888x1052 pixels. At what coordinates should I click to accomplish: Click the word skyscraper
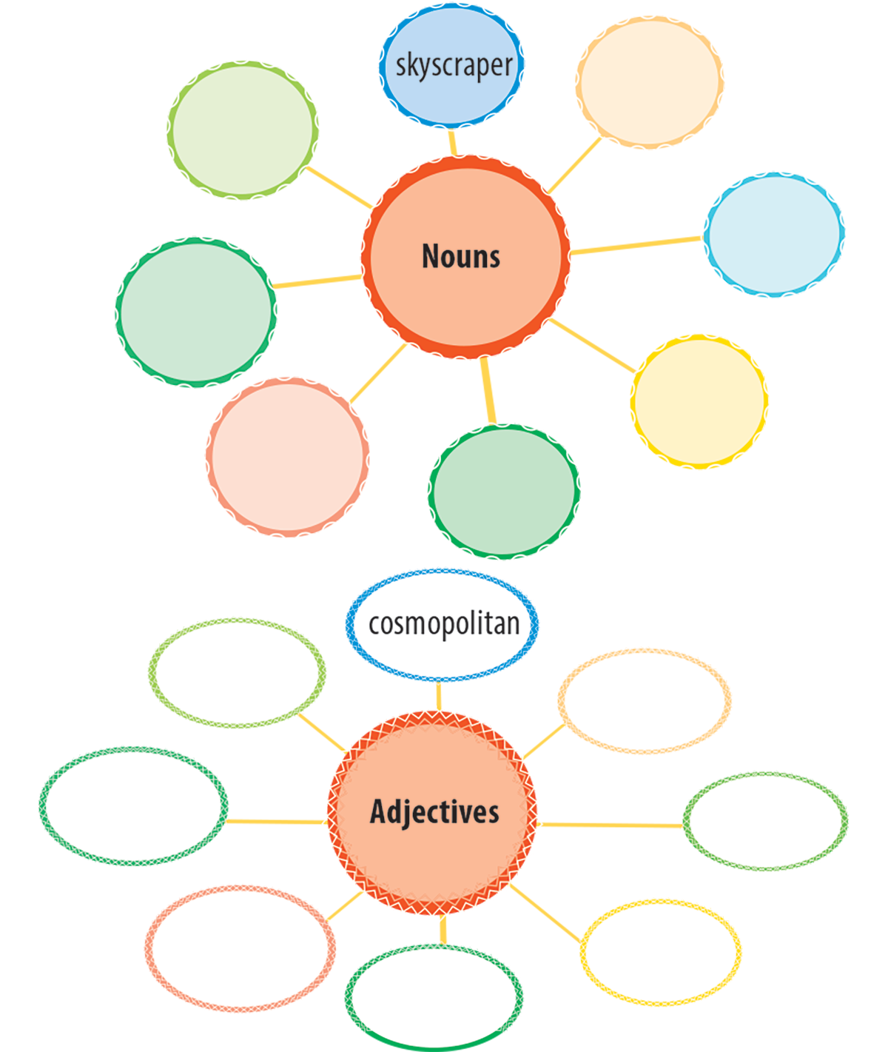tap(454, 66)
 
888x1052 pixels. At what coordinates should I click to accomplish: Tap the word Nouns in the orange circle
tap(461, 256)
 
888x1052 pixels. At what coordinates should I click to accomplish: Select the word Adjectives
tap(434, 811)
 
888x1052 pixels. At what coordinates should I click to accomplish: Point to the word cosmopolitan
tap(444, 623)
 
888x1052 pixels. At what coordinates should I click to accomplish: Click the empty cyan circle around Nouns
tap(773, 234)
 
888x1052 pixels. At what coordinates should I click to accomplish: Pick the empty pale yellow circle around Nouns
tap(699, 402)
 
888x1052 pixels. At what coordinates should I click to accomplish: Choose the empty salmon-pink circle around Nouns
tap(287, 455)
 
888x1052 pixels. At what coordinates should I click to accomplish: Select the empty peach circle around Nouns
tap(650, 81)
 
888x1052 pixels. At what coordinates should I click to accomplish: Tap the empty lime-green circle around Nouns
tap(243, 129)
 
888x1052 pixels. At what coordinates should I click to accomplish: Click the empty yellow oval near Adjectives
tap(660, 951)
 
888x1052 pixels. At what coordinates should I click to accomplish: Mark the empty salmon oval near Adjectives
tap(240, 947)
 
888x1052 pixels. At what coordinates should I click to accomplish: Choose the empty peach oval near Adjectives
tap(645, 701)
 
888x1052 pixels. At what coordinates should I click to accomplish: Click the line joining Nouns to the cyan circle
tap(636, 245)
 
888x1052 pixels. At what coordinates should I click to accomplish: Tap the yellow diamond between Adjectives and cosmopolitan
tap(441, 697)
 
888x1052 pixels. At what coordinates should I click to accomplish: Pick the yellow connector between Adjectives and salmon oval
tap(345, 906)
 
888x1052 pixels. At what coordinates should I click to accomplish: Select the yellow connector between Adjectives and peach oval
tap(545, 740)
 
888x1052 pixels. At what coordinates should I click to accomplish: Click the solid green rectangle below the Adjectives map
tap(434, 1039)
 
